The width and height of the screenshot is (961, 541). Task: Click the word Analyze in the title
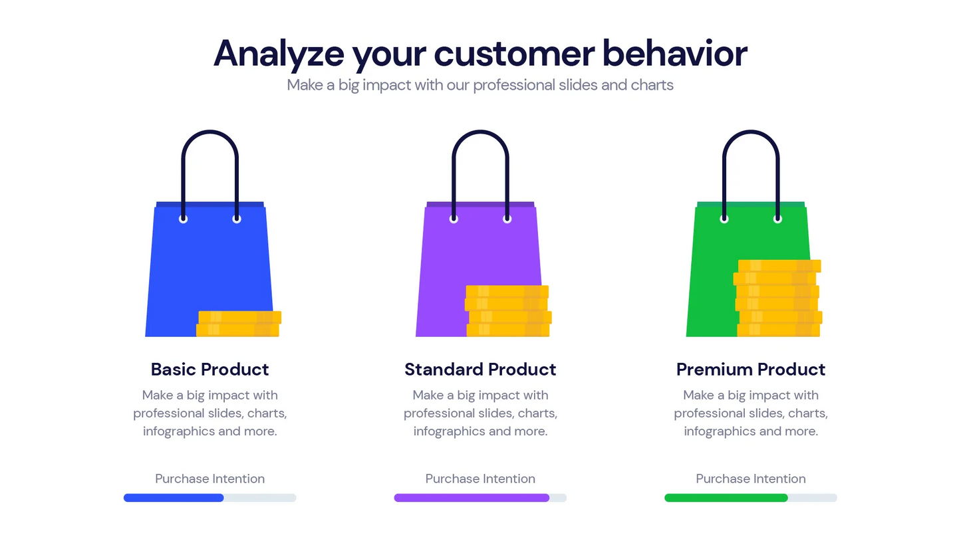pyautogui.click(x=279, y=54)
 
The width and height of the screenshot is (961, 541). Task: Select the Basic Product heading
pyautogui.click(x=209, y=370)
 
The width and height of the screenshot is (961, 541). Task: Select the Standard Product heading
pyautogui.click(x=480, y=370)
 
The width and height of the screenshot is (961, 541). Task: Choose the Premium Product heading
pyautogui.click(x=751, y=370)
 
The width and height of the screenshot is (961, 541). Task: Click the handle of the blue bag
pyautogui.click(x=209, y=132)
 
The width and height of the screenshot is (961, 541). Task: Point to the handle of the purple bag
pyautogui.click(x=480, y=132)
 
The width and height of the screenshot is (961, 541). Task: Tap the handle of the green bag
pyautogui.click(x=751, y=132)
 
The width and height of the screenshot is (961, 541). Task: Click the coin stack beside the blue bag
pyautogui.click(x=239, y=324)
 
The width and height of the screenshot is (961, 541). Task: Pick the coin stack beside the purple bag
pyautogui.click(x=508, y=311)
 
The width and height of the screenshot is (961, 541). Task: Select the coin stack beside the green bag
pyautogui.click(x=778, y=298)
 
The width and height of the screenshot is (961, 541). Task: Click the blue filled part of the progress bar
pyautogui.click(x=174, y=498)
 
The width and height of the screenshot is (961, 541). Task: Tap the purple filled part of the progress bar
pyautogui.click(x=472, y=498)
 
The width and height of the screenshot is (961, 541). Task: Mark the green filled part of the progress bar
pyautogui.click(x=726, y=498)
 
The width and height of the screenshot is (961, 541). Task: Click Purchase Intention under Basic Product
pyautogui.click(x=209, y=479)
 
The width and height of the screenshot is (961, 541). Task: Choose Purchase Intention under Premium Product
pyautogui.click(x=751, y=479)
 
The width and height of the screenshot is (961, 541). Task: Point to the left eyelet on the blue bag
pyautogui.click(x=183, y=219)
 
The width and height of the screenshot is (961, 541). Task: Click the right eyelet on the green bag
pyautogui.click(x=777, y=219)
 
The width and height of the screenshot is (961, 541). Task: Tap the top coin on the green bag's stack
pyautogui.click(x=779, y=266)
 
